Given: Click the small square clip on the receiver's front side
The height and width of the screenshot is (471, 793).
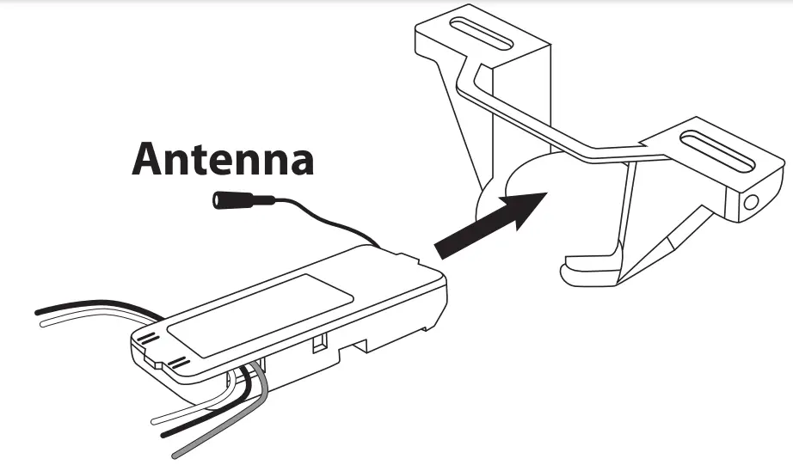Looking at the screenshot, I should (319, 345).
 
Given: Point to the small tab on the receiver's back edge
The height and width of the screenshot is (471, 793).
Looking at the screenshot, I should (402, 254).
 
